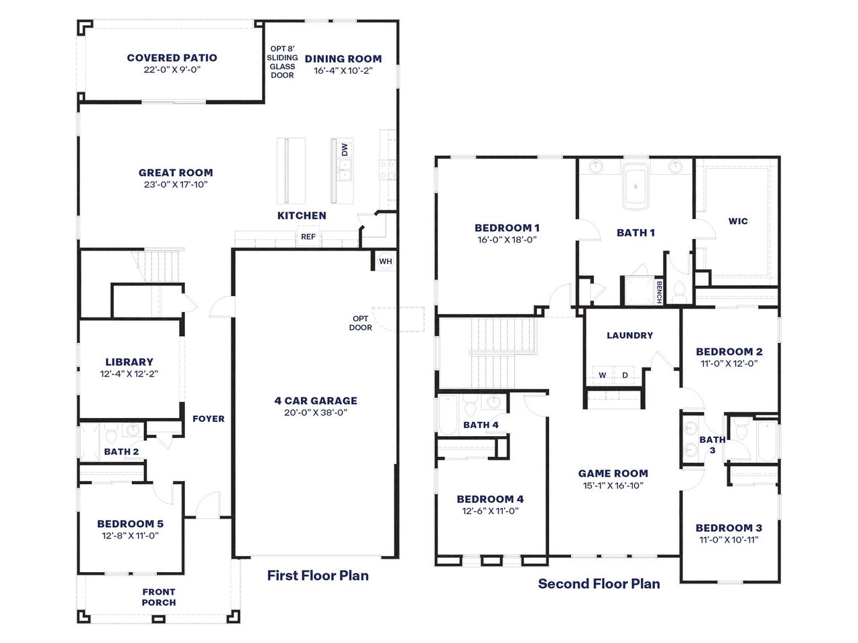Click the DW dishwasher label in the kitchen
tap(345, 150)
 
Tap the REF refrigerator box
tap(308, 236)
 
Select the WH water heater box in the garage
tap(385, 261)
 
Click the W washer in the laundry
tap(603, 375)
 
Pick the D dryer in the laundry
tap(625, 375)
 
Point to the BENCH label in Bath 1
tap(659, 292)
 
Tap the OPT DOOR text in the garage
tap(361, 323)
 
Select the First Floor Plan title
tap(318, 575)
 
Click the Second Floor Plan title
tap(599, 584)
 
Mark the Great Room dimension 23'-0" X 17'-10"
tap(176, 184)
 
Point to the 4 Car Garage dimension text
tap(316, 413)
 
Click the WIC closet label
tap(738, 221)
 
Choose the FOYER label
tap(208, 419)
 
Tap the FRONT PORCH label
tap(159, 597)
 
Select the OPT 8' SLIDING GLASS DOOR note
tap(282, 62)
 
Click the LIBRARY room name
tap(129, 362)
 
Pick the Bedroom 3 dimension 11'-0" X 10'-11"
tap(729, 540)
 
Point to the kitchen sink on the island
tap(345, 176)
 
